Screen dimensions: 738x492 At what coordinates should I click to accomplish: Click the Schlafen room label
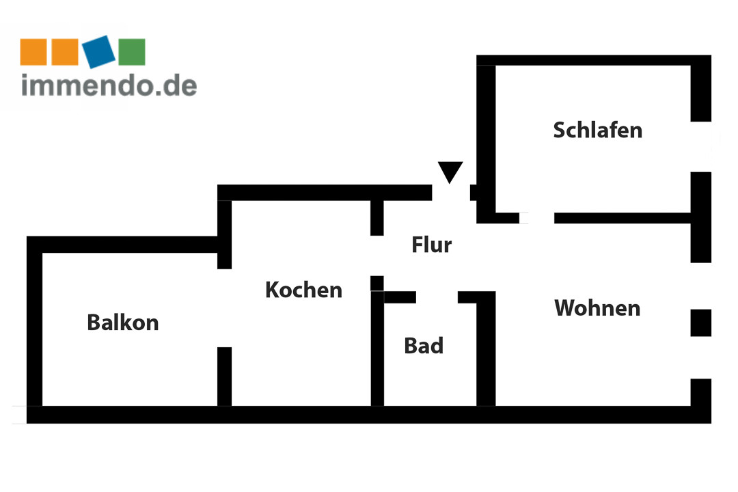(598, 131)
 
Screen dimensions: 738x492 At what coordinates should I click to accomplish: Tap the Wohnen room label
(597, 308)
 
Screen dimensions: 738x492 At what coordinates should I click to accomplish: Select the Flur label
(432, 245)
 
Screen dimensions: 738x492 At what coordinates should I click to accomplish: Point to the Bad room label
(424, 346)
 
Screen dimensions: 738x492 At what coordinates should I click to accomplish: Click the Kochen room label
(303, 290)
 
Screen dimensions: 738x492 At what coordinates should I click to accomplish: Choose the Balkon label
(123, 323)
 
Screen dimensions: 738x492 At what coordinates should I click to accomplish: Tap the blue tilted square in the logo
(99, 51)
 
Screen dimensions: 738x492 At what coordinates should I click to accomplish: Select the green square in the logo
(132, 52)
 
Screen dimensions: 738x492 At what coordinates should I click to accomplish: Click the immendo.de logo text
(109, 85)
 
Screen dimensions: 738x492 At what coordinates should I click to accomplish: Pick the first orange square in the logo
(33, 52)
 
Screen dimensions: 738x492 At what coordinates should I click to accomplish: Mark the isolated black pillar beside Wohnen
(701, 323)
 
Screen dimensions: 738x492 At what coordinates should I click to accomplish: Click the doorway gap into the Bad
(437, 297)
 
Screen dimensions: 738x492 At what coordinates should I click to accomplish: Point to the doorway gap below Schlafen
(537, 218)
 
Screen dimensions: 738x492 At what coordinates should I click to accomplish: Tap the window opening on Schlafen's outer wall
(701, 147)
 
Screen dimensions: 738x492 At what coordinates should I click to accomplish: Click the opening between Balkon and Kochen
(225, 308)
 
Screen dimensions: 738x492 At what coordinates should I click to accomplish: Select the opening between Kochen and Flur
(377, 256)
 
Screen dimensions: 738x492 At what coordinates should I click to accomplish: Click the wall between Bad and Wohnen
(487, 348)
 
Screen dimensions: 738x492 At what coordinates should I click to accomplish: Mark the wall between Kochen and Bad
(377, 348)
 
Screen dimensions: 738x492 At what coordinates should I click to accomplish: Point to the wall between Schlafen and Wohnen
(623, 218)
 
